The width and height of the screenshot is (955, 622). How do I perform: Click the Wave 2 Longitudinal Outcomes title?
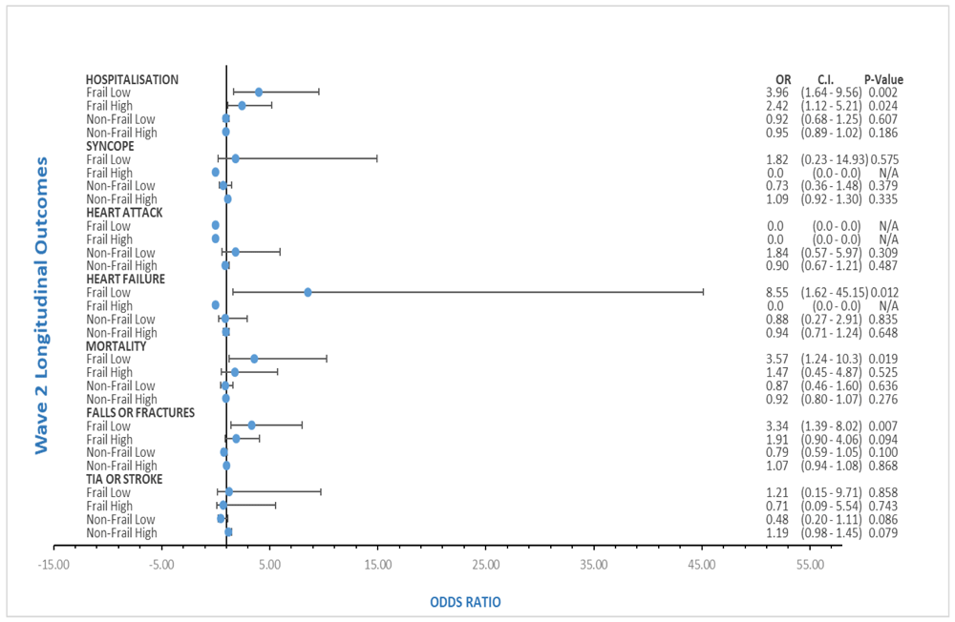pyautogui.click(x=42, y=306)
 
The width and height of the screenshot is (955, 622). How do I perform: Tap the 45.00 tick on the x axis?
pyautogui.click(x=702, y=565)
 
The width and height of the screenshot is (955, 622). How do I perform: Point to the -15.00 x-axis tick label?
pyautogui.click(x=53, y=565)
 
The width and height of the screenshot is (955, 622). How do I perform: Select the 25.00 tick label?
pyautogui.click(x=485, y=565)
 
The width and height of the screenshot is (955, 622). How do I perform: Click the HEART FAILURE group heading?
pyautogui.click(x=125, y=279)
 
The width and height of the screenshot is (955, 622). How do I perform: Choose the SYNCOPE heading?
pyautogui.click(x=110, y=146)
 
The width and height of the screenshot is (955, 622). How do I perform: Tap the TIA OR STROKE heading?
pyautogui.click(x=123, y=479)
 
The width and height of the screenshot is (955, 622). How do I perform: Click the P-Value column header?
pyautogui.click(x=883, y=79)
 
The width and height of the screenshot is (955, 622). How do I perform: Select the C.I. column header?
pyautogui.click(x=827, y=79)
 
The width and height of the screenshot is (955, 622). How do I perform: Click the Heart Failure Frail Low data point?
pyautogui.click(x=308, y=292)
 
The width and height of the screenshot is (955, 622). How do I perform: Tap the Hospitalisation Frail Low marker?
pyautogui.click(x=258, y=92)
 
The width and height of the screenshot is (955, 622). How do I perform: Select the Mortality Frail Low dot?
pyautogui.click(x=254, y=359)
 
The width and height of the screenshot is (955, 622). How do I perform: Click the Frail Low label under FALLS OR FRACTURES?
pyautogui.click(x=108, y=425)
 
